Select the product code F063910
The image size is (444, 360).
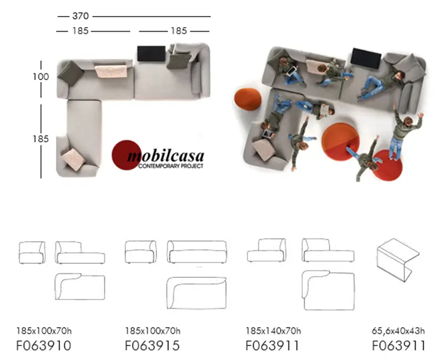click(x=43, y=346)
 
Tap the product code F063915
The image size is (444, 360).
click(x=152, y=346)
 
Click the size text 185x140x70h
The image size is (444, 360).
click(x=273, y=331)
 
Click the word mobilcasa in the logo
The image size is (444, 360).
click(x=165, y=156)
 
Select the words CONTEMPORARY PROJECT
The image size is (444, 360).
click(x=165, y=166)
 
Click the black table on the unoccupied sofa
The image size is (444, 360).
click(x=151, y=53)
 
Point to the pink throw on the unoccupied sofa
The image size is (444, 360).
click(x=114, y=71)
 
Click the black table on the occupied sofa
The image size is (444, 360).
click(x=365, y=58)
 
